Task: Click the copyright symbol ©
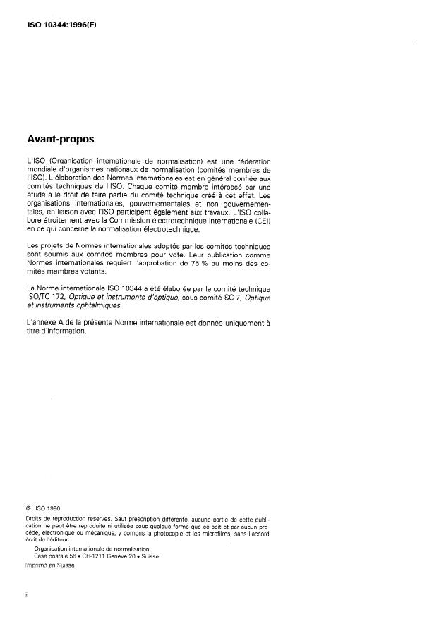pos(28,508)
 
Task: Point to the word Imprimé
pos(37,566)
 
